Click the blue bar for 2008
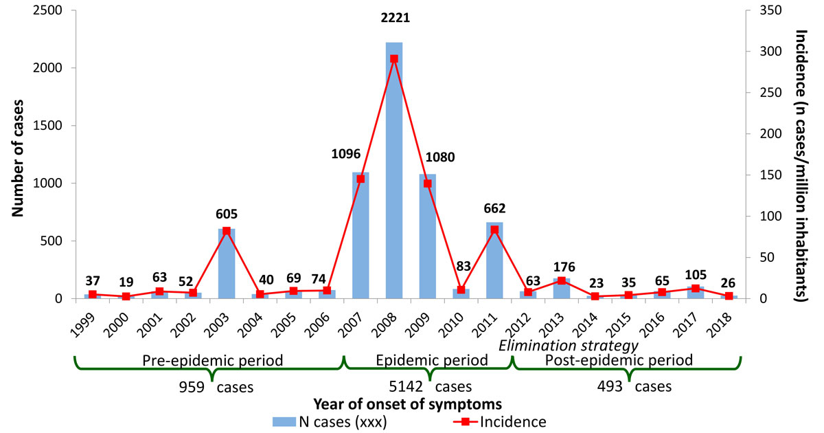394,172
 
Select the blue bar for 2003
227,264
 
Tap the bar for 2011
494,261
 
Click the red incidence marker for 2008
394,59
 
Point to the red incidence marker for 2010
461,290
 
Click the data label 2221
395,19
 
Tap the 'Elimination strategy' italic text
569,345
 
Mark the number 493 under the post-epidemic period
610,386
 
